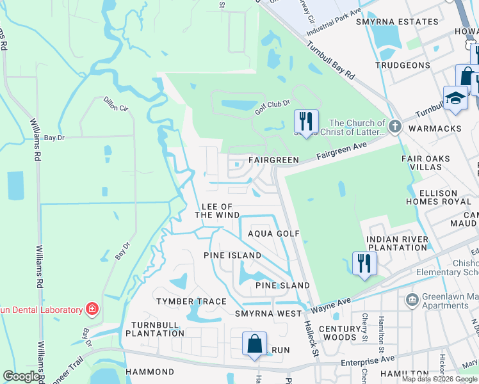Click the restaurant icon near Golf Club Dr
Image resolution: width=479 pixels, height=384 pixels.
(305, 120)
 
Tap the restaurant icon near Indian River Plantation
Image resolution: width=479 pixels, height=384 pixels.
(364, 262)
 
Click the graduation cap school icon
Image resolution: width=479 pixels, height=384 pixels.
(455, 98)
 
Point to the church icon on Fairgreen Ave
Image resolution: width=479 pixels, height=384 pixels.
(394, 127)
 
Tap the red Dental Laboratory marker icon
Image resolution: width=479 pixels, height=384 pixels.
(92, 310)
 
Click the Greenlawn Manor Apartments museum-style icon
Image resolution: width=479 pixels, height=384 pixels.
(411, 298)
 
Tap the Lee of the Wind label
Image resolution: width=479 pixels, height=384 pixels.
(217, 211)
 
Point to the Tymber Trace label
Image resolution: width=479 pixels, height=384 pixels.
(192, 301)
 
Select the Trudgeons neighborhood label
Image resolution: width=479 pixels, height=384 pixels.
(403, 65)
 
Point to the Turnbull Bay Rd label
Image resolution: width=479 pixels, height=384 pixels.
(330, 61)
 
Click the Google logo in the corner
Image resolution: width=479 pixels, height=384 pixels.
(22, 376)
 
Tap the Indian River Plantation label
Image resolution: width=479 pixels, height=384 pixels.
(396, 244)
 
